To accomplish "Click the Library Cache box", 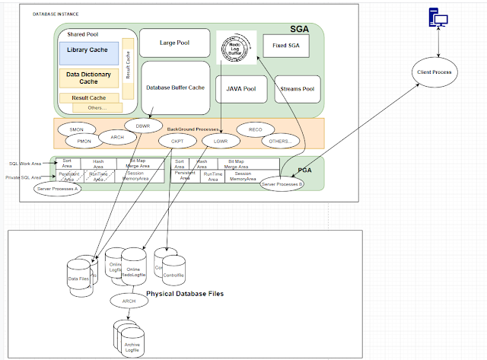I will pos(89,53).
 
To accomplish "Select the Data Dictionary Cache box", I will pos(88,78).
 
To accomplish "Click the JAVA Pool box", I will pos(240,89).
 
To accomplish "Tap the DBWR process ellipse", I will pos(143,126).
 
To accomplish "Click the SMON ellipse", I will pos(77,130).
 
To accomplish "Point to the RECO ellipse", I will pos(255,129).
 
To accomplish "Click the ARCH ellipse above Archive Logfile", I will pos(129,301).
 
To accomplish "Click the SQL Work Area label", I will pos(24,163).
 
